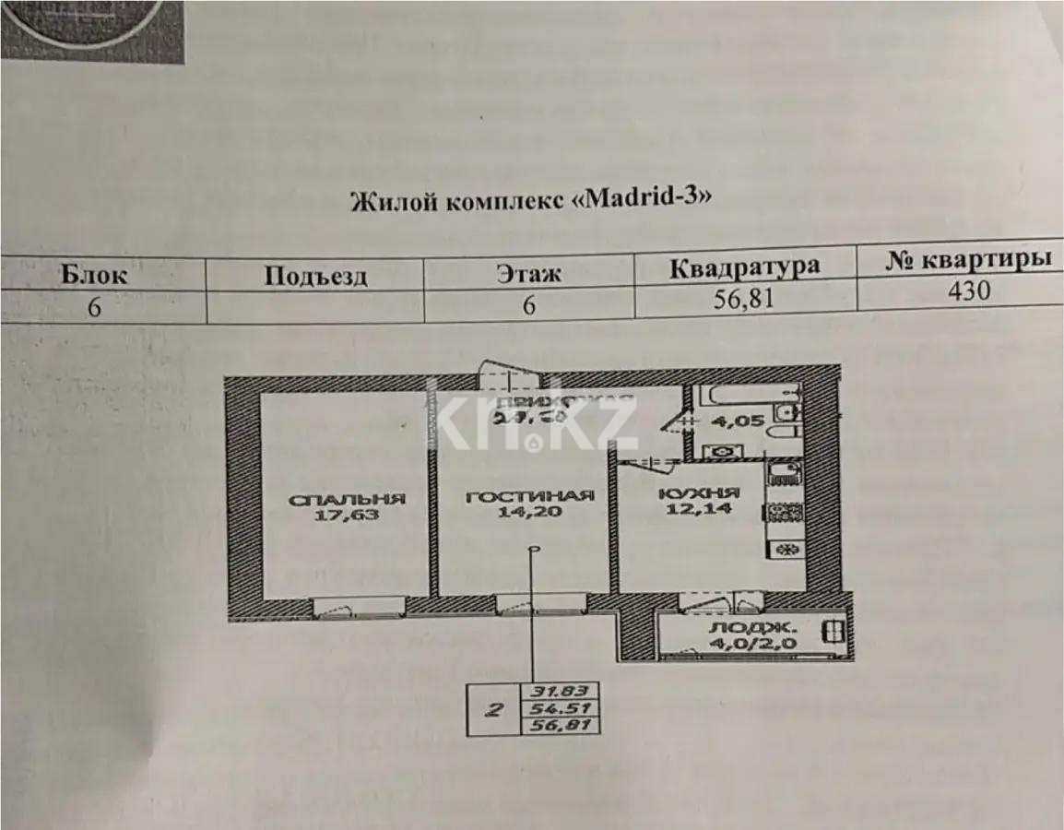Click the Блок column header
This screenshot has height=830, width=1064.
[x=94, y=273]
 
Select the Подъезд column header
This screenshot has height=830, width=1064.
[x=315, y=275]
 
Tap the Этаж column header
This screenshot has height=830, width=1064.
[x=528, y=273]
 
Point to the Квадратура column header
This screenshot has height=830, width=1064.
[x=744, y=267]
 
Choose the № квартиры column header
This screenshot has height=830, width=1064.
[x=968, y=259]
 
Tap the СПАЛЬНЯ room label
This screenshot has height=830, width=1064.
[x=348, y=500]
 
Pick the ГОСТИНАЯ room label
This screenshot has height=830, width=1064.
[x=529, y=496]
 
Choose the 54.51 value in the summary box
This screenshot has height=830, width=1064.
[x=561, y=708]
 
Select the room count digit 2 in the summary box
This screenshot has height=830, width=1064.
[x=495, y=709]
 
